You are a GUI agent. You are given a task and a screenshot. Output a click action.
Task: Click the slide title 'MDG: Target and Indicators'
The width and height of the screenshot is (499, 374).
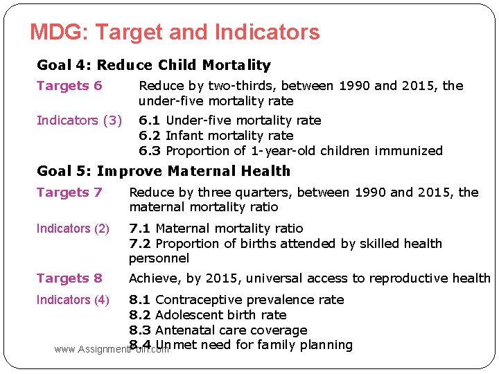click(175, 33)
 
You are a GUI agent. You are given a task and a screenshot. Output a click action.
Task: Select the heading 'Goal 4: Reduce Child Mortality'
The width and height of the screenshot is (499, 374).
click(153, 65)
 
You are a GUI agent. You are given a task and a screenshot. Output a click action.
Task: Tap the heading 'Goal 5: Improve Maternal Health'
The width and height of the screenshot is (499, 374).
click(163, 171)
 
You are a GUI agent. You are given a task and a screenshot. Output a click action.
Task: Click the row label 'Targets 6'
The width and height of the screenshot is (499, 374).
click(69, 86)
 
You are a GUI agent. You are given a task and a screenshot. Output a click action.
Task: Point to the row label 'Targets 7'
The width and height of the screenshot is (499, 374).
click(69, 193)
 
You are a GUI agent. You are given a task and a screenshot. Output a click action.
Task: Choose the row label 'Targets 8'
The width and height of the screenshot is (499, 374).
click(69, 278)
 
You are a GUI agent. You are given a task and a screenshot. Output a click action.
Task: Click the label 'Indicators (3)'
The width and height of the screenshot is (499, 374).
click(79, 121)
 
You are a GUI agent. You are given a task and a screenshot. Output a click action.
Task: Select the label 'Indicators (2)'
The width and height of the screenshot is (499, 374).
click(73, 229)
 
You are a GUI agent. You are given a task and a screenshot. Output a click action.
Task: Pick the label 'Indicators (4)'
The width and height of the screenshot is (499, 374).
click(73, 300)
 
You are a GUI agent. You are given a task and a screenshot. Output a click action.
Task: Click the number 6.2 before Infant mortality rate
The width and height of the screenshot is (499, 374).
click(150, 136)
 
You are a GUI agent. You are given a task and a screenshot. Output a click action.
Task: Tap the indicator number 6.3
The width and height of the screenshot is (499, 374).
click(150, 151)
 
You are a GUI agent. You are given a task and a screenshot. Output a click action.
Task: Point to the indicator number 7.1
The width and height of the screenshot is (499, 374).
click(140, 229)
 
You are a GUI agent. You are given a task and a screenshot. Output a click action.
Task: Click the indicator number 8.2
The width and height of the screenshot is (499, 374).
click(140, 315)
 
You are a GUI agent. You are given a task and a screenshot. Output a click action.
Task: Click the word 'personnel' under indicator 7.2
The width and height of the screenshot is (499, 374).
click(159, 258)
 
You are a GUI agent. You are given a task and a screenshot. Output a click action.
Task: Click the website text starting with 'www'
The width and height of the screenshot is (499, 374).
click(111, 350)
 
